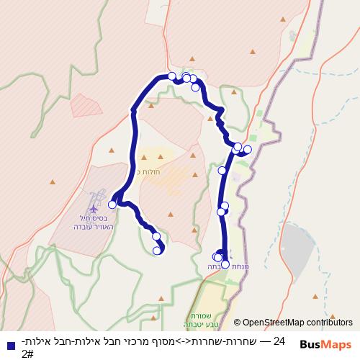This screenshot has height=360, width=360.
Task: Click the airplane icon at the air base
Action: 94,209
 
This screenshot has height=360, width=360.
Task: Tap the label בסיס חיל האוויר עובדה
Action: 89,222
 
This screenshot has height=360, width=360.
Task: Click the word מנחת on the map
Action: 240,266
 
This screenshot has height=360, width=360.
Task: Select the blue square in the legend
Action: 10,346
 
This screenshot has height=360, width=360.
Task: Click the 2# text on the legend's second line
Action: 27,354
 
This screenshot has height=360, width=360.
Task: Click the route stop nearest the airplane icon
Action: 112,204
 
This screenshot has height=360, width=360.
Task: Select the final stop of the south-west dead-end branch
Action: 158,251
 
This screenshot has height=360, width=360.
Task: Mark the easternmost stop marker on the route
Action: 248,150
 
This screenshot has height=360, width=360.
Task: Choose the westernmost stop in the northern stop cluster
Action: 172,75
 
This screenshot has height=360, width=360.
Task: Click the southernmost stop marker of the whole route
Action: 225,264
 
